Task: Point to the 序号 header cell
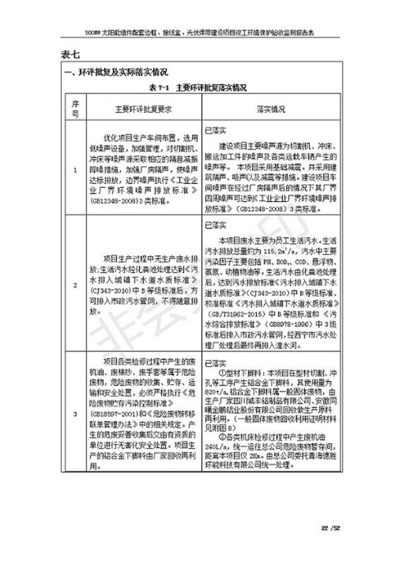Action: pos(76,109)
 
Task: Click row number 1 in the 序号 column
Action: pos(76,170)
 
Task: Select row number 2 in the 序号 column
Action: pos(76,285)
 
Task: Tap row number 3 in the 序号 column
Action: pos(76,413)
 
